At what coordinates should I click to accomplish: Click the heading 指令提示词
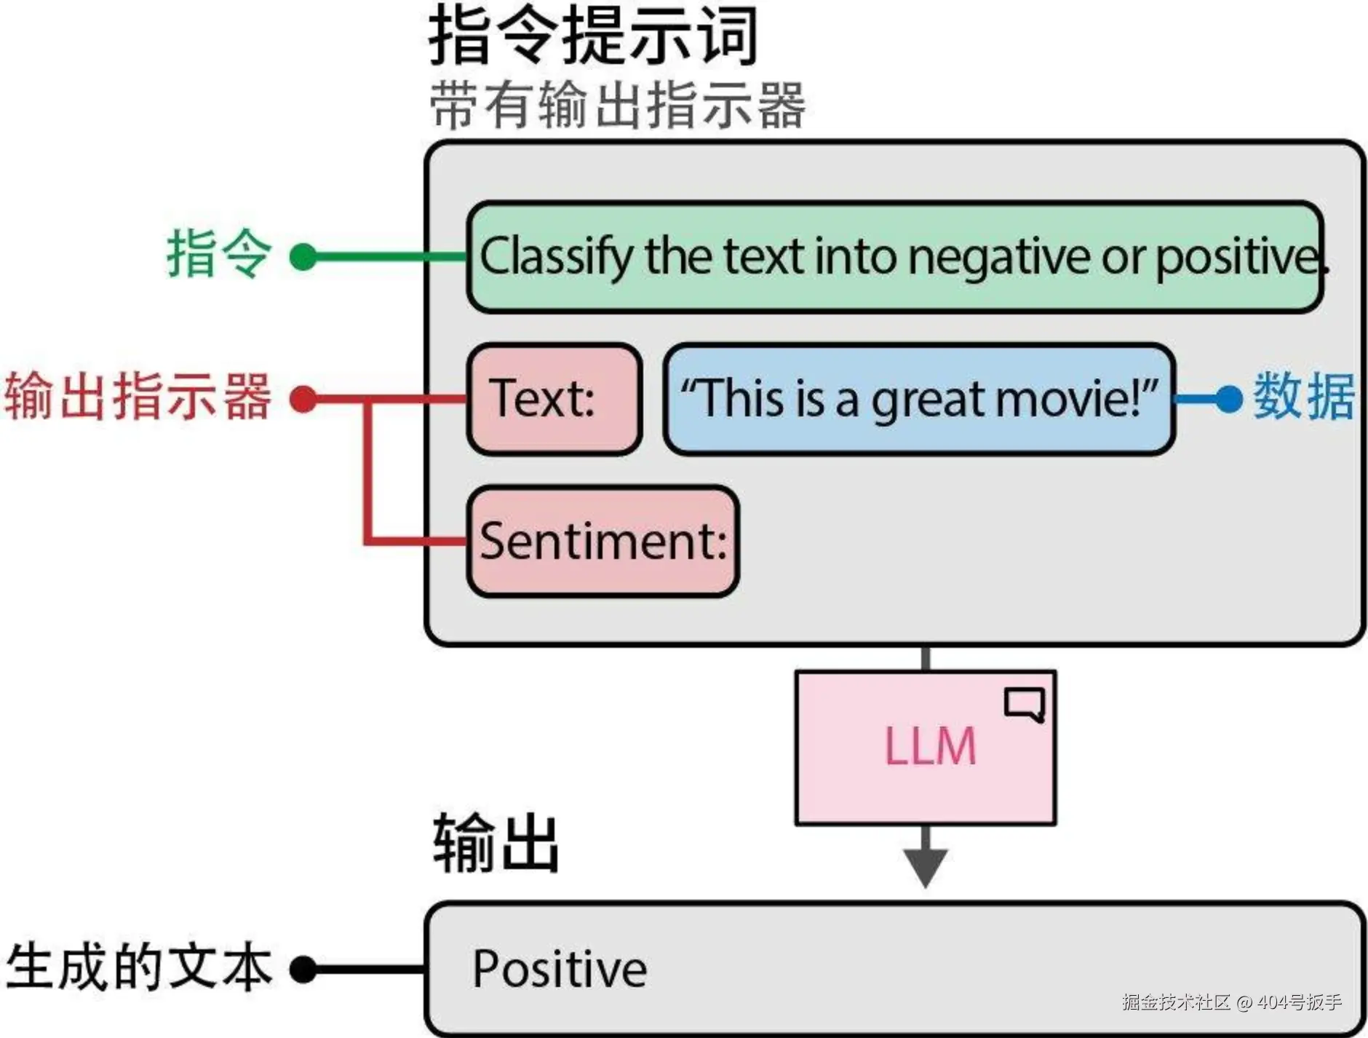(x=593, y=35)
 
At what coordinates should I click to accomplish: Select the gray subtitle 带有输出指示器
(x=617, y=106)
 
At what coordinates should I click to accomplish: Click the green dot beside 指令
(x=303, y=257)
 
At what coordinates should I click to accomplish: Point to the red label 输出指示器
(x=138, y=396)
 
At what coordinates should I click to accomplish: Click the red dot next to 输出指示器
(x=303, y=399)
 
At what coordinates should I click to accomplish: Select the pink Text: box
(x=554, y=399)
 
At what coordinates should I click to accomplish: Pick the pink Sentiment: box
(x=603, y=542)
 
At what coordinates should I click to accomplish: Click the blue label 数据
(x=1303, y=396)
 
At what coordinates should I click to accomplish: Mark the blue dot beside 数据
(x=1229, y=399)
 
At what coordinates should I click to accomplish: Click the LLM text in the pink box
(x=929, y=747)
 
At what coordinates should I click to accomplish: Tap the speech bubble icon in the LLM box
(x=1025, y=704)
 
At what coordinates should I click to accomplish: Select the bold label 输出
(x=496, y=844)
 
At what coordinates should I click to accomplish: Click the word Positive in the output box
(x=560, y=969)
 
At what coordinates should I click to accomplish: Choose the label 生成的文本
(x=138, y=967)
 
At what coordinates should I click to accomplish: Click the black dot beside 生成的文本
(x=303, y=970)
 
